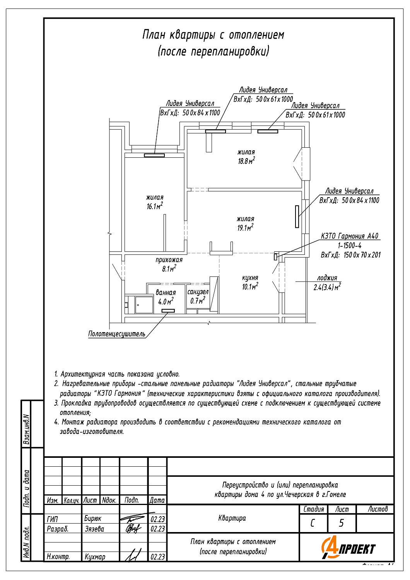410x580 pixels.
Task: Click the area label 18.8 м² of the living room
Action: click(246, 161)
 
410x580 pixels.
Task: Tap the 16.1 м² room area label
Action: click(155, 206)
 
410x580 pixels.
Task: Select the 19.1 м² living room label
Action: click(245, 228)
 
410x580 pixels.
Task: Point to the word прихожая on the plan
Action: click(169, 260)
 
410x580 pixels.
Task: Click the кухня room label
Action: click(250, 278)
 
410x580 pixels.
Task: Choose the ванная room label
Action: click(166, 293)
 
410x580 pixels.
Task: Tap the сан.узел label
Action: click(198, 292)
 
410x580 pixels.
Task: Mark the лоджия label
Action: click(327, 278)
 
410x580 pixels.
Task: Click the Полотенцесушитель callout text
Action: click(117, 334)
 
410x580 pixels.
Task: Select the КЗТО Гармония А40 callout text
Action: click(350, 236)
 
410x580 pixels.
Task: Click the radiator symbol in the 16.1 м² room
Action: click(154, 155)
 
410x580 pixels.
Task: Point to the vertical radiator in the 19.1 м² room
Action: click(297, 217)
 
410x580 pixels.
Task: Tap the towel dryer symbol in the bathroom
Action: click(168, 311)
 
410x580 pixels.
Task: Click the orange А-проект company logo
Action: click(348, 548)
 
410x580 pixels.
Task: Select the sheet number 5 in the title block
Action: click(341, 523)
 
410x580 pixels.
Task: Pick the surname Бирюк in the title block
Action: click(93, 519)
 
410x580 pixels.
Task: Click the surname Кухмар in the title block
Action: click(95, 557)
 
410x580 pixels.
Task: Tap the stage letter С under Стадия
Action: click(313, 523)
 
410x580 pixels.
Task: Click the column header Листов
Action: click(378, 509)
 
